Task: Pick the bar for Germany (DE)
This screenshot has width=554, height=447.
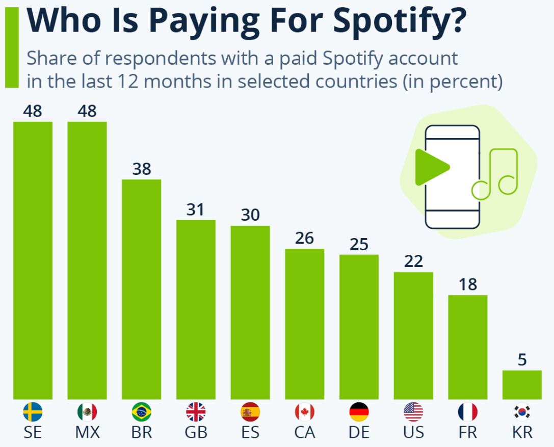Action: click(x=359, y=327)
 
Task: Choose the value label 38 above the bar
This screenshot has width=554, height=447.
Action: click(x=141, y=169)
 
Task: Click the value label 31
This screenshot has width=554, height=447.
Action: click(x=195, y=209)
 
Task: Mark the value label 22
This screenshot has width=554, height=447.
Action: click(x=413, y=261)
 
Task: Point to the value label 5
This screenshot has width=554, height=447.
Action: click(x=522, y=360)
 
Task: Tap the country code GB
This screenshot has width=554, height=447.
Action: click(x=196, y=433)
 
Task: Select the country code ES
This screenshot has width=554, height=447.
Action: click(x=250, y=433)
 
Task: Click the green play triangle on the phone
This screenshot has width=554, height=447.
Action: click(x=430, y=167)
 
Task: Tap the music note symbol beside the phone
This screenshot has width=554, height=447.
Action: click(x=495, y=173)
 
